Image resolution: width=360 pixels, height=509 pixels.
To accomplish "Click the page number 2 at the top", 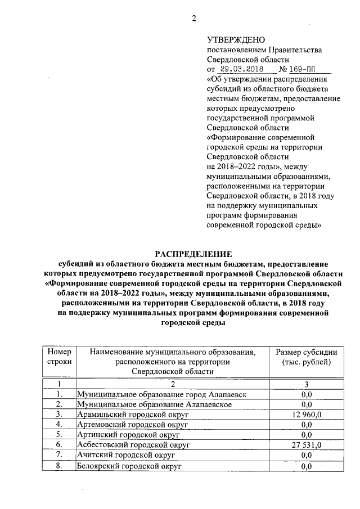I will (193, 18).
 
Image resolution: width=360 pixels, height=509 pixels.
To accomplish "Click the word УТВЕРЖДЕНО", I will (235, 39).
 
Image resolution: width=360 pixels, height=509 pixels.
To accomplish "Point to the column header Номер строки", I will (59, 357).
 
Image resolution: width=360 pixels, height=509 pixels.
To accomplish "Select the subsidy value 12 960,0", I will (307, 415).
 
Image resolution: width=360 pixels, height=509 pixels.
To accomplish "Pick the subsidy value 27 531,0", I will (307, 445).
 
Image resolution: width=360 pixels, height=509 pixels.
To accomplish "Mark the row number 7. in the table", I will (59, 456).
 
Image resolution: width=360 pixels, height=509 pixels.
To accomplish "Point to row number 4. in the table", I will (59, 425).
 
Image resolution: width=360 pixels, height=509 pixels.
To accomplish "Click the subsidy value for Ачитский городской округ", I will (307, 456).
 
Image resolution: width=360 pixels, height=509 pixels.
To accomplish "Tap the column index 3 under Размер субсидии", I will (307, 385).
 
